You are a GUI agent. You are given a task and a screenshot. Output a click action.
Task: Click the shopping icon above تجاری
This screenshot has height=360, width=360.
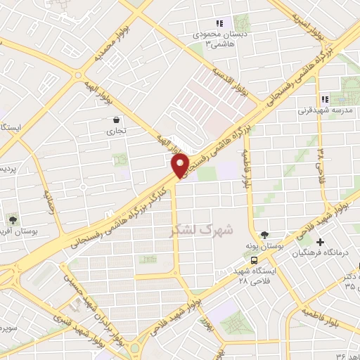point(115,120)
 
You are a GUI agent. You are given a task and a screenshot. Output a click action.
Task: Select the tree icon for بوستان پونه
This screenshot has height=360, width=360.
point(264,236)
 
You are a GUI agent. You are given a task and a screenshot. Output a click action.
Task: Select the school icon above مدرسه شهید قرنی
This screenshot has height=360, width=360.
point(324,99)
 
